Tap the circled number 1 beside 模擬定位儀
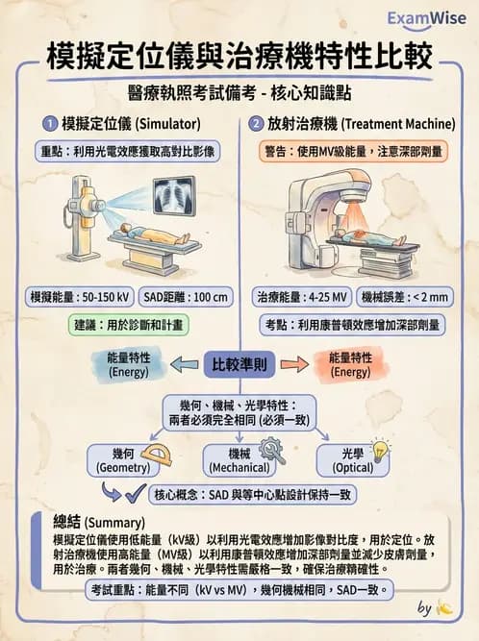point(49,123)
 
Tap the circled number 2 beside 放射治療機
point(256,123)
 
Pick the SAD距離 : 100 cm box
point(192,297)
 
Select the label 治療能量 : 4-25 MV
point(301,297)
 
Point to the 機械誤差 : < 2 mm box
point(403,297)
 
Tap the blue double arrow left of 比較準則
point(185,362)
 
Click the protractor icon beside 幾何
point(155,453)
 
